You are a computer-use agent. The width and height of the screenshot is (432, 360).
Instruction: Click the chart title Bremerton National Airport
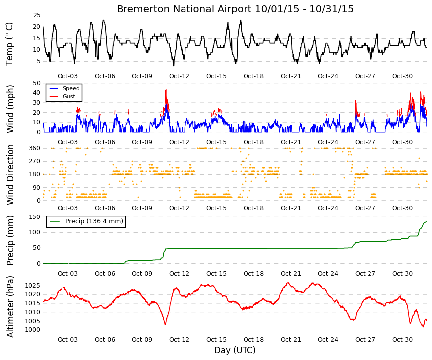tap(184, 9)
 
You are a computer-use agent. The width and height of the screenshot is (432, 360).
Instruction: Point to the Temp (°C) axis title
tap(9, 44)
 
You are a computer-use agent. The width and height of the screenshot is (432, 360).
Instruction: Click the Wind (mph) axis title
tap(9, 109)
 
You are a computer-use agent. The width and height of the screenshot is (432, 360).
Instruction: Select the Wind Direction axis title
tap(10, 175)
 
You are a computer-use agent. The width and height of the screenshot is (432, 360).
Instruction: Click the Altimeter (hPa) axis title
tap(10, 307)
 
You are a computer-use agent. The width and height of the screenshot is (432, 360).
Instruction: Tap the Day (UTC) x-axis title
tap(235, 350)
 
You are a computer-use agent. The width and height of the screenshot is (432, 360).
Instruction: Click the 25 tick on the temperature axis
tap(37, 15)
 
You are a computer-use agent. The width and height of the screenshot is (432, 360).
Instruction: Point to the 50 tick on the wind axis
tap(37, 83)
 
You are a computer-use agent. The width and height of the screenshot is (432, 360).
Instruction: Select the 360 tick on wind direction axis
tap(35, 148)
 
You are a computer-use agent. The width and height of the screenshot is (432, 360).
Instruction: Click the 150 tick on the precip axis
tap(35, 217)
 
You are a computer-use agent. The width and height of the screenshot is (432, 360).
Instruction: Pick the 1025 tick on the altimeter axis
tap(33, 286)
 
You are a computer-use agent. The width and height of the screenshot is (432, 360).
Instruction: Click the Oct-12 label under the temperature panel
tap(179, 76)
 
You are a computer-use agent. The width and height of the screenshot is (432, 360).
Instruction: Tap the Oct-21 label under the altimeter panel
tap(291, 340)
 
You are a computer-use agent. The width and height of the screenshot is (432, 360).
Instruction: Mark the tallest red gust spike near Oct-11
tap(166, 90)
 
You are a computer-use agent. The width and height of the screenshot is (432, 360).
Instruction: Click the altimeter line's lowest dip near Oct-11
tap(165, 324)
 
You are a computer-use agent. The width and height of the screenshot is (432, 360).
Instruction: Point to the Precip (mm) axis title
tap(10, 240)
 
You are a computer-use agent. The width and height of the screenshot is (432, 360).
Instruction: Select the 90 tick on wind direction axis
tap(37, 188)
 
